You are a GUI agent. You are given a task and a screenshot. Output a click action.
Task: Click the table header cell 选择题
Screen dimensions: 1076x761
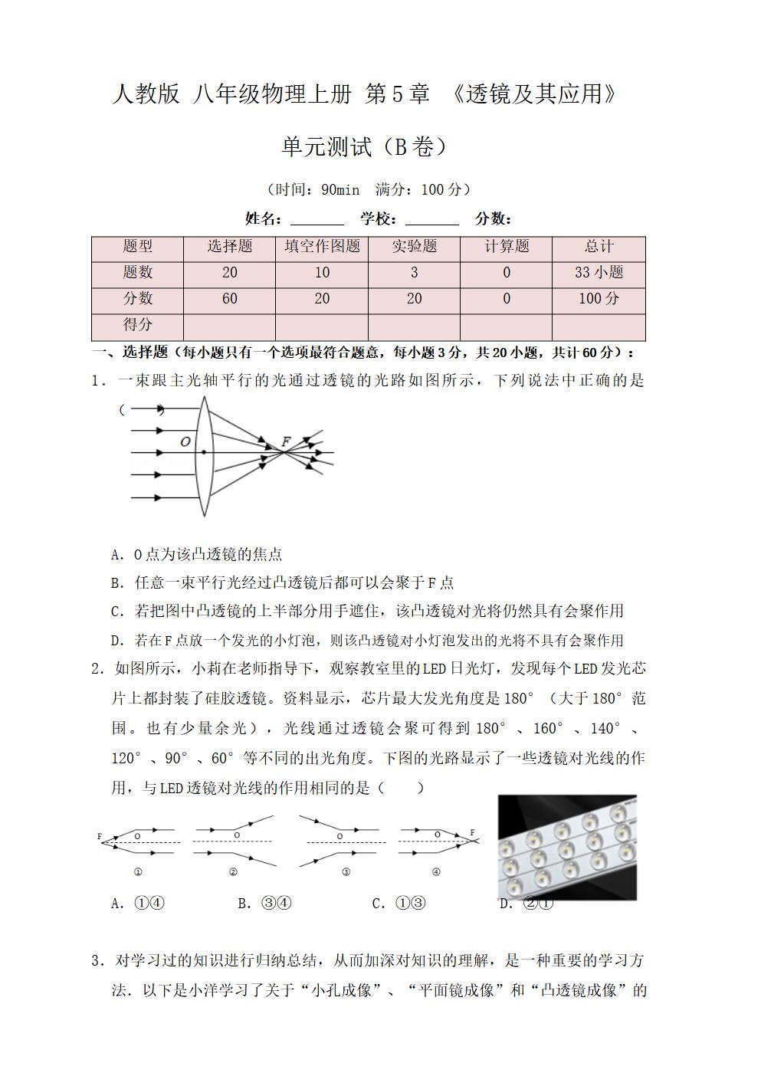229,247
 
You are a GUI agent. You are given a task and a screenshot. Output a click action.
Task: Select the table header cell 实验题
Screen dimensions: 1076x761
414,247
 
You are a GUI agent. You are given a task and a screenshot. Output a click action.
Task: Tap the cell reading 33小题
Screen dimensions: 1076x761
599,273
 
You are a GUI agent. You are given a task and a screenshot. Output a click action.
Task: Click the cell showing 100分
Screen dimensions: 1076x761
599,299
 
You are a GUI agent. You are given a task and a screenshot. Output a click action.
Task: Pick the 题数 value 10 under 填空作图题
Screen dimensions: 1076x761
322,273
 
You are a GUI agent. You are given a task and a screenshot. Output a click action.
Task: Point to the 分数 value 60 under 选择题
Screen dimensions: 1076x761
229,299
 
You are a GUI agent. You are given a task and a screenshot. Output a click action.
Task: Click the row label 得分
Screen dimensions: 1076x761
138,325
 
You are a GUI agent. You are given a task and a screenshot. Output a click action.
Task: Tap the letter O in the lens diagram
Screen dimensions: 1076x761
185,442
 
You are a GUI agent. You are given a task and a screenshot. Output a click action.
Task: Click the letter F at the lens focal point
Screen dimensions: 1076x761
286,441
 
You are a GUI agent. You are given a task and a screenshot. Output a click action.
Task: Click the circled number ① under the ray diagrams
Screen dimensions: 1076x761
139,871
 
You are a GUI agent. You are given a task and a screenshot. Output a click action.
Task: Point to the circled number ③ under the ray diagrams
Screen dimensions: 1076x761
346,871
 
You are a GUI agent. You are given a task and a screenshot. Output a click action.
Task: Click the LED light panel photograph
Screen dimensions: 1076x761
567,847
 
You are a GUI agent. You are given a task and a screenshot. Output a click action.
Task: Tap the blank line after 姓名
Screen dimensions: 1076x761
317,220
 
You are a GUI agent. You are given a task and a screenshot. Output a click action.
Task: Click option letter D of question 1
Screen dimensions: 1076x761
116,641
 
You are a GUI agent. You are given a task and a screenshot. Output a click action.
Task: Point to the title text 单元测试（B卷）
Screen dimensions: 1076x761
363,146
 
